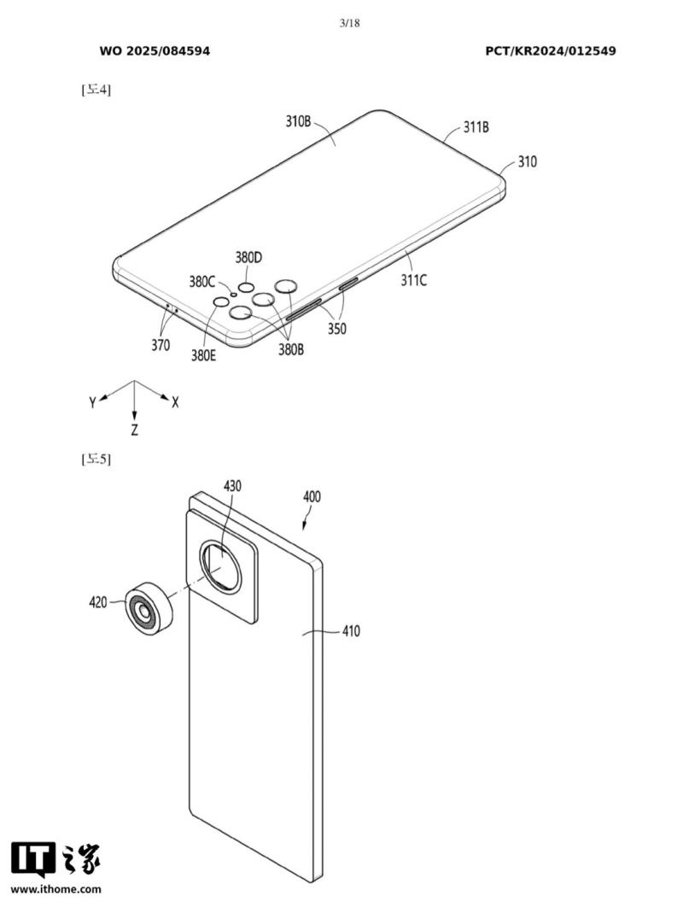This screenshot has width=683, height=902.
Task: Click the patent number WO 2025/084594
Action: coord(155,51)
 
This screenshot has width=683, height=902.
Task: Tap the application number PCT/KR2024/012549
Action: coord(551,51)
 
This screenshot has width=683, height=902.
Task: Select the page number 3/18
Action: coord(349,23)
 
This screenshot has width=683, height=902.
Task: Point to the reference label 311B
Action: coord(476,127)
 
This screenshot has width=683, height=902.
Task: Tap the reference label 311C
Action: coord(414,279)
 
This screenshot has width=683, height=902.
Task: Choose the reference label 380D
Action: coord(248,257)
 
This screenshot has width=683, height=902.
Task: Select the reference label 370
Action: coord(160,346)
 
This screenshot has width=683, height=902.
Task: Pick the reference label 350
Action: coord(336,328)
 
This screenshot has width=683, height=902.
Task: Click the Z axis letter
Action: coord(135,430)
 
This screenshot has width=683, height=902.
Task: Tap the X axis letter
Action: coord(175,402)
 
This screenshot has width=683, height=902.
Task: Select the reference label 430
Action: coord(232,486)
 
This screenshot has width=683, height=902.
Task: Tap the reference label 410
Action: coord(351,632)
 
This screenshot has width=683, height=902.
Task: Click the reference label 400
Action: coord(312,496)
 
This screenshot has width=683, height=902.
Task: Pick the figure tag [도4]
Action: coord(96,89)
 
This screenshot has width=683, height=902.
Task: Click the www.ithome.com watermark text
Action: coord(56,889)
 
